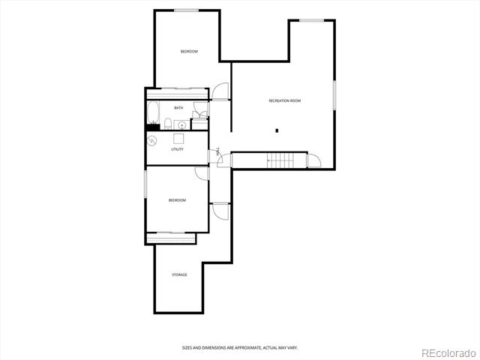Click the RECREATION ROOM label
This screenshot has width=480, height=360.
point(285,100)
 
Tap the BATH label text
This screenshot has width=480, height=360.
point(178,108)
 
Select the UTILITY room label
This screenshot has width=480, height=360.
point(177,149)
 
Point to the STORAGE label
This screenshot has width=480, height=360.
point(179,274)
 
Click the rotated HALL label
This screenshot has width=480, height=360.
point(218,151)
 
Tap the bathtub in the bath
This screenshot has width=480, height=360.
point(153,112)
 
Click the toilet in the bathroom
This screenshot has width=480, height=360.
point(168,124)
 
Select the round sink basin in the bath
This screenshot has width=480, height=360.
point(181,125)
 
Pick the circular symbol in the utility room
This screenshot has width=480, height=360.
point(152,141)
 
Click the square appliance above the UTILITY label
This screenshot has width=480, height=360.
point(178,139)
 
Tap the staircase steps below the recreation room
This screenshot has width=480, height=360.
point(280,160)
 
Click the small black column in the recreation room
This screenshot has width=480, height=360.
point(277,130)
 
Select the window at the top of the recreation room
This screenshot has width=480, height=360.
point(312,20)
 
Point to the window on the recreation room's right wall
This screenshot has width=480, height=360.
point(334,95)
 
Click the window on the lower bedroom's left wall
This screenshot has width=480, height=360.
point(145,184)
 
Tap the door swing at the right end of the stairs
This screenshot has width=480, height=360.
point(314,160)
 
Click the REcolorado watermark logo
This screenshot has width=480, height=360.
point(448,353)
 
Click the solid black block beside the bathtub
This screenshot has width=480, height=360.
point(153,127)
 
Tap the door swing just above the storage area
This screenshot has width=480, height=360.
point(220,211)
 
